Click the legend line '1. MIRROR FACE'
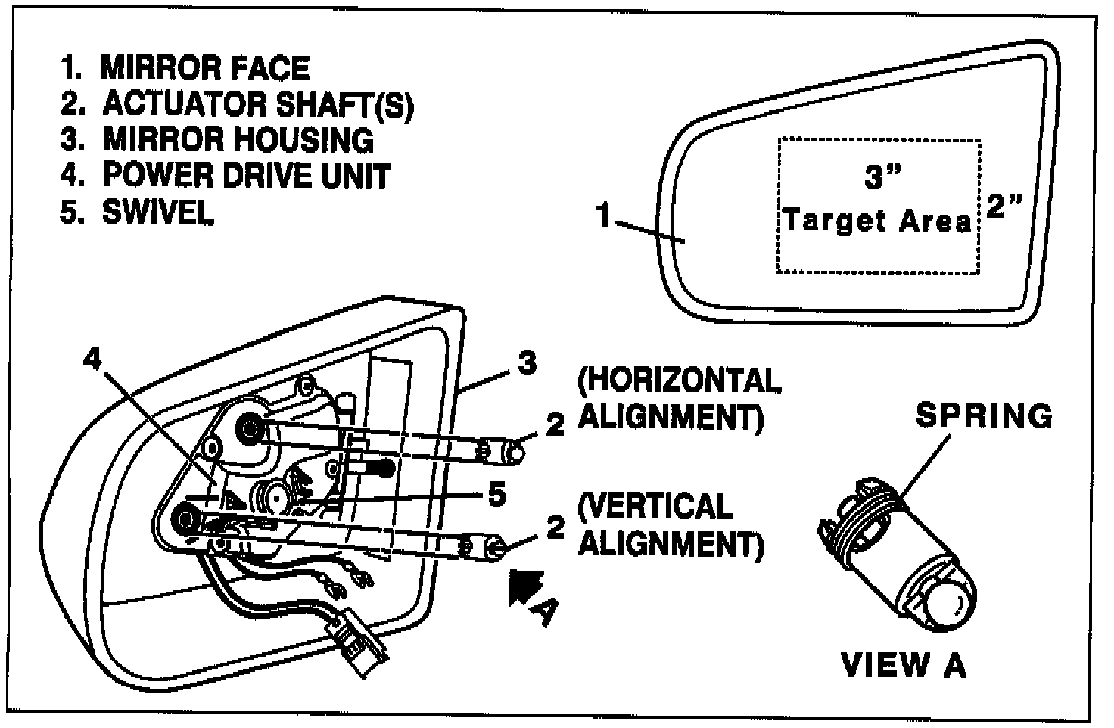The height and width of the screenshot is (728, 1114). [185, 68]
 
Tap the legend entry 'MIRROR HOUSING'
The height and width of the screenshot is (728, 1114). [218, 140]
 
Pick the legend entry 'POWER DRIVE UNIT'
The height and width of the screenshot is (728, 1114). [226, 176]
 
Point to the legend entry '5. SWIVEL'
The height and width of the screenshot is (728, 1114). [137, 212]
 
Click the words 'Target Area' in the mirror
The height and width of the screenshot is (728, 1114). [877, 221]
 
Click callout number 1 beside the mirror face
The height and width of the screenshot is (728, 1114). [604, 217]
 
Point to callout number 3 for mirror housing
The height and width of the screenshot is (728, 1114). [527, 364]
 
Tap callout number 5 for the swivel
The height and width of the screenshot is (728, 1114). [496, 496]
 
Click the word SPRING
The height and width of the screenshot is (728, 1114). [984, 415]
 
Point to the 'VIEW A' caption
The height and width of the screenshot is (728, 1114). [904, 664]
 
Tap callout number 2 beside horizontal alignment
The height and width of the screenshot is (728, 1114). [555, 425]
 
